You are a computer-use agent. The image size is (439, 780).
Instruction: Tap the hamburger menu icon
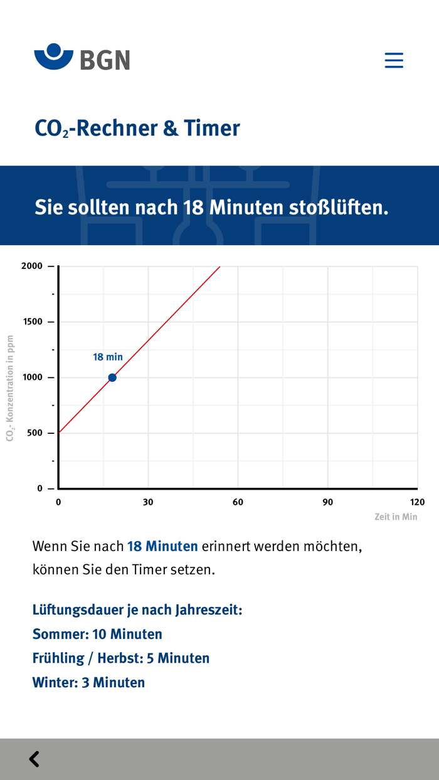pyautogui.click(x=394, y=60)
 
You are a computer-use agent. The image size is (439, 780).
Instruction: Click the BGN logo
pyautogui.click(x=82, y=58)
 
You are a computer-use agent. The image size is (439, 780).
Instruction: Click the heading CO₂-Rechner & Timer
pyautogui.click(x=137, y=129)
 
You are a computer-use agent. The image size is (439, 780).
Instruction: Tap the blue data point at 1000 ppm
pyautogui.click(x=112, y=377)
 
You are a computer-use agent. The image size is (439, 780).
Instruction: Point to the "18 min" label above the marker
pyautogui.click(x=108, y=357)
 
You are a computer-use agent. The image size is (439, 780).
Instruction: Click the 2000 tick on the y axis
pyautogui.click(x=32, y=266)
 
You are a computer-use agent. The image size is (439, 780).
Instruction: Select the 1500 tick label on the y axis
pyautogui.click(x=32, y=322)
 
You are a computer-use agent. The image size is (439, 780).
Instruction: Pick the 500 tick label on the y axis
pyautogui.click(x=34, y=433)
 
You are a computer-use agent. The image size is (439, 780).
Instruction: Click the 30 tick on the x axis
pyautogui.click(x=148, y=502)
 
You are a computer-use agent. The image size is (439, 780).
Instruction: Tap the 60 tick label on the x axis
pyautogui.click(x=238, y=502)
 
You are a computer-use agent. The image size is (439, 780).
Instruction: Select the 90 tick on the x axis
pyautogui.click(x=327, y=502)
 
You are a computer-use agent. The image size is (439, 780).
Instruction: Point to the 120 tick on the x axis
pyautogui.click(x=417, y=502)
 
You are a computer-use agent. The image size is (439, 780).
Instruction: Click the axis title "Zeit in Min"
pyautogui.click(x=396, y=517)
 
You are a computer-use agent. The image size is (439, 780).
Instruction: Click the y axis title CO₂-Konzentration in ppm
pyautogui.click(x=10, y=388)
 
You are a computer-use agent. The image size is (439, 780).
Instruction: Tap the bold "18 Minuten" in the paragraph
pyautogui.click(x=162, y=546)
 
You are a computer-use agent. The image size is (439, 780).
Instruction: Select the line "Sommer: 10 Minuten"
pyautogui.click(x=97, y=634)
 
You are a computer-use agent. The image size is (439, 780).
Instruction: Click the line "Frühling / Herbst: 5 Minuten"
pyautogui.click(x=121, y=658)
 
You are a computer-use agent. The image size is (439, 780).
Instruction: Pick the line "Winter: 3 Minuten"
pyautogui.click(x=88, y=682)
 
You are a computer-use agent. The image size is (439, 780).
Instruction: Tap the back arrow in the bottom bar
pyautogui.click(x=34, y=759)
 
